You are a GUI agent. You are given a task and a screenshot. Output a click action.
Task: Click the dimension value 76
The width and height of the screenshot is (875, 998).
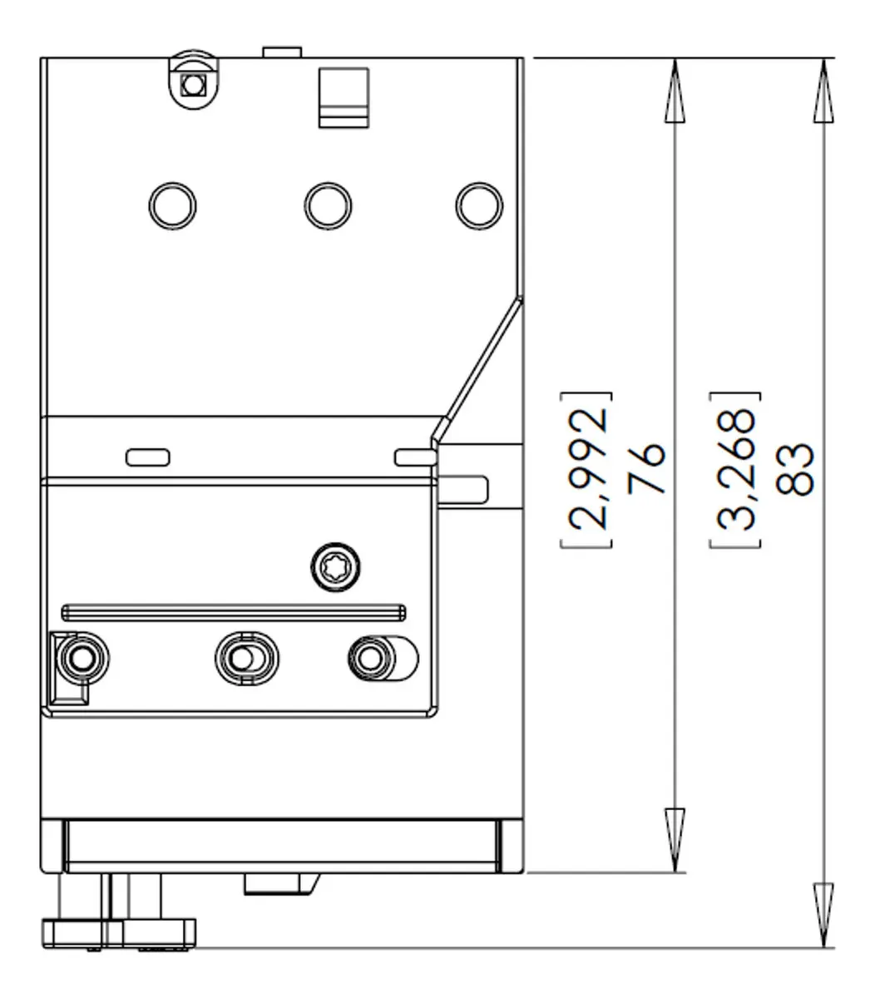[x=646, y=468]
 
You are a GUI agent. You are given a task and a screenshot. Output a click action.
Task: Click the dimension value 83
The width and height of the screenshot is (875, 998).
[x=794, y=469]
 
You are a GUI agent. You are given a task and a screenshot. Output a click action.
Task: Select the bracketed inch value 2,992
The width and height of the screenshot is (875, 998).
[x=586, y=469]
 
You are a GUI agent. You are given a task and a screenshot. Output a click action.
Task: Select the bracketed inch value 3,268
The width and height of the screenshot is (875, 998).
[x=735, y=469]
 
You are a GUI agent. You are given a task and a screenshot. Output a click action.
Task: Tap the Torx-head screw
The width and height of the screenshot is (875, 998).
[x=335, y=567]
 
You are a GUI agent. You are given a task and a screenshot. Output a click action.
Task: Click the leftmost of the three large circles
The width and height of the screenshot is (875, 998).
[x=172, y=206]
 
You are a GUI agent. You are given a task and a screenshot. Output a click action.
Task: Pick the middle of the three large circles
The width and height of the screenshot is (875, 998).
[x=328, y=206]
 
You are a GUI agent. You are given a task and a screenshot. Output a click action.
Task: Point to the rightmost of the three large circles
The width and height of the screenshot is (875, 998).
[x=479, y=206]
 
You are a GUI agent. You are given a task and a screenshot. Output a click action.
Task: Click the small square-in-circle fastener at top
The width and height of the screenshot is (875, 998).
[x=193, y=85]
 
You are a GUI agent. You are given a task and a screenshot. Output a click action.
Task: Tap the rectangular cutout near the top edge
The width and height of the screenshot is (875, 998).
[x=344, y=98]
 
